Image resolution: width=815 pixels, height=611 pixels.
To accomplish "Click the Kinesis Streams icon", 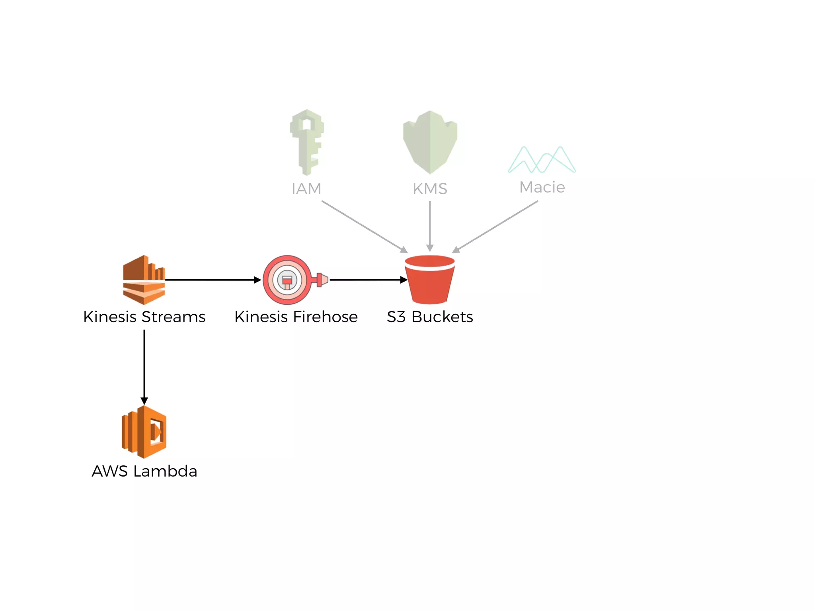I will click(x=144, y=280).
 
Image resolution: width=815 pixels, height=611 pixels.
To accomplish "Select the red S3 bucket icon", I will click(x=429, y=280).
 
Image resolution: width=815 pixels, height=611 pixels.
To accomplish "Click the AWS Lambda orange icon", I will click(x=144, y=432).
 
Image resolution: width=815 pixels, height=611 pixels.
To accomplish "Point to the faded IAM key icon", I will click(x=306, y=142).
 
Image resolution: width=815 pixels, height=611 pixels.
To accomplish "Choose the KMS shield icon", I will click(x=430, y=142).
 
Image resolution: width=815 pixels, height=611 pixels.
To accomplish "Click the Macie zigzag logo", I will click(x=542, y=160).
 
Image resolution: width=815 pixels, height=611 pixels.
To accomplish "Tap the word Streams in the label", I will click(x=173, y=317).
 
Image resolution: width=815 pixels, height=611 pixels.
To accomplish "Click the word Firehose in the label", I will click(x=325, y=317).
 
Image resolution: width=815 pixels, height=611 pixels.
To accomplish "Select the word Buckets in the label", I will click(x=442, y=317).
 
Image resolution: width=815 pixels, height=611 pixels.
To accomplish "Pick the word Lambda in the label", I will click(x=165, y=471).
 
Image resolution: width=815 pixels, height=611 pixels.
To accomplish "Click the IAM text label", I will click(x=306, y=189).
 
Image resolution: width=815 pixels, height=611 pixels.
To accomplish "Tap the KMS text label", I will click(x=430, y=189).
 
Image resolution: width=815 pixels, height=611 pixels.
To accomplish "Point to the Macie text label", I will click(x=542, y=187).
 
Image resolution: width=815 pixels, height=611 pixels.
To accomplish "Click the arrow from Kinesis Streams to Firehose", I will click(x=213, y=280).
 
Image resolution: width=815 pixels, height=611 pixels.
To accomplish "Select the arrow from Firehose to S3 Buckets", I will click(x=368, y=280).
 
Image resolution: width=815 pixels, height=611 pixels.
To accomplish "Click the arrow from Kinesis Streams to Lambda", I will click(x=144, y=366).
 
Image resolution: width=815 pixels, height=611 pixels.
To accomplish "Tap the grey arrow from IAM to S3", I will click(x=364, y=226).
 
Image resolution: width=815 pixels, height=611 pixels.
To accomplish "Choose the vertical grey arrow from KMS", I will click(x=430, y=226).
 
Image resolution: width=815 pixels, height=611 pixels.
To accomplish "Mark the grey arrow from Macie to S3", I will click(x=495, y=226).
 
